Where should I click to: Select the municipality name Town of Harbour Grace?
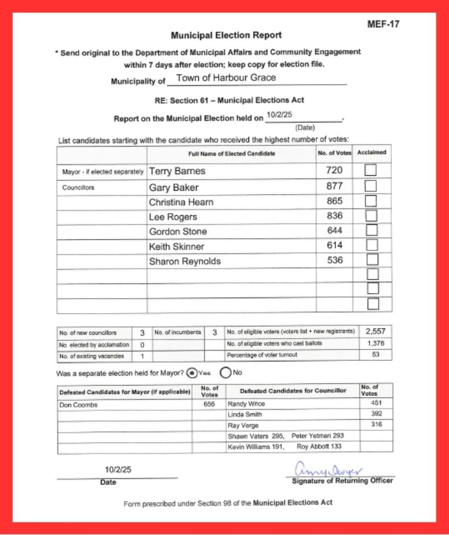(226, 78)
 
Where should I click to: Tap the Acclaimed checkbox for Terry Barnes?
(372, 170)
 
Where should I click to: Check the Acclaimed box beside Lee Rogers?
(372, 216)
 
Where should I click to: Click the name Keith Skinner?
(176, 246)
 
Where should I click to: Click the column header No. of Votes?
(334, 153)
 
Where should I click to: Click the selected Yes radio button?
(192, 373)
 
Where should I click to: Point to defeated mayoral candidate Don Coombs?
(79, 405)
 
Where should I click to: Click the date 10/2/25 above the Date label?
(116, 470)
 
